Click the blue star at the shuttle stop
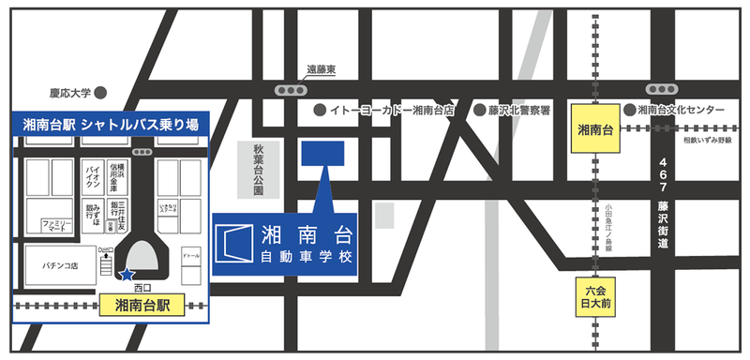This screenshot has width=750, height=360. pyautogui.click(x=127, y=275)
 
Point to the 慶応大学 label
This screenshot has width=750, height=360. pyautogui.click(x=70, y=93)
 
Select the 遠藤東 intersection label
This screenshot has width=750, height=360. pyautogui.click(x=322, y=70)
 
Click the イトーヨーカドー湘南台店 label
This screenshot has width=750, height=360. pyautogui.click(x=392, y=111)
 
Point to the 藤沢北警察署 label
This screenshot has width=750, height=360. pyautogui.click(x=517, y=111)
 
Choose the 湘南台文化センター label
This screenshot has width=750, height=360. pyautogui.click(x=682, y=111)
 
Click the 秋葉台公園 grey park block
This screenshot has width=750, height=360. pyautogui.click(x=259, y=170)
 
